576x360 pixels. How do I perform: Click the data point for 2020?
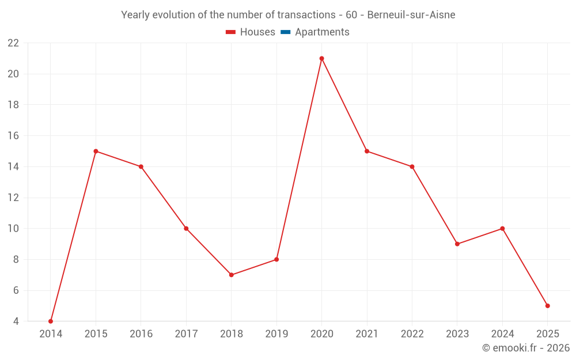pos(321,58)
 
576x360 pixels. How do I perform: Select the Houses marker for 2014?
pos(51,321)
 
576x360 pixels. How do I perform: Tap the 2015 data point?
pos(96,151)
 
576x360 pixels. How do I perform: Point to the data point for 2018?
pos(231,275)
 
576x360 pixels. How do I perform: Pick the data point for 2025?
pos(547,306)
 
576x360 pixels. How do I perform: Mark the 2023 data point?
pos(457,244)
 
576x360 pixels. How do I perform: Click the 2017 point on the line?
pos(186,229)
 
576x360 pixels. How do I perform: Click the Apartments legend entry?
pos(322,32)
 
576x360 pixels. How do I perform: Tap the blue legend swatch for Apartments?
pos(286,32)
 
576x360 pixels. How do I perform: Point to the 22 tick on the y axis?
pos(13,43)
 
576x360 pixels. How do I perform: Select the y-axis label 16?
pos(13,136)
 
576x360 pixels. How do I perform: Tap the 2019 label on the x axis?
pos(276,334)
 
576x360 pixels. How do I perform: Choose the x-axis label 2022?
pos(412,334)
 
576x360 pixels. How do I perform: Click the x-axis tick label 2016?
pos(141,334)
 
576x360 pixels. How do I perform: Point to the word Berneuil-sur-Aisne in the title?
pos(411,15)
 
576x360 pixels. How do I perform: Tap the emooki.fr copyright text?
pos(526,348)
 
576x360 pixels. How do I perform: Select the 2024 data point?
pos(502,229)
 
